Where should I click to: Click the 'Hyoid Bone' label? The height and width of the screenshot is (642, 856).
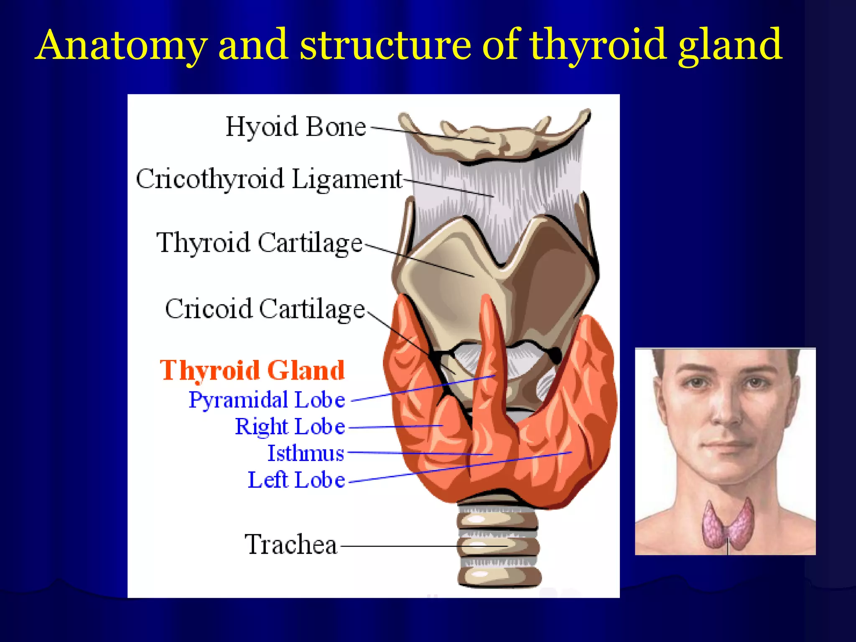(296, 127)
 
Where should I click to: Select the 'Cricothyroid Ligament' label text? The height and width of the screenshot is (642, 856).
(269, 179)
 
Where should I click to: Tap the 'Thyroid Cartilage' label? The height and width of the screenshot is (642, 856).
(259, 243)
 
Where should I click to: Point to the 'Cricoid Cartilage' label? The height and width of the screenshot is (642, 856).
(265, 309)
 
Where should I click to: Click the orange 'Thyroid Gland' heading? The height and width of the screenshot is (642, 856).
(252, 370)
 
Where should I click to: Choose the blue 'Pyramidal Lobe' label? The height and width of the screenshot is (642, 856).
(267, 400)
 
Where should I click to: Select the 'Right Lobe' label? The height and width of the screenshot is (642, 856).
(290, 427)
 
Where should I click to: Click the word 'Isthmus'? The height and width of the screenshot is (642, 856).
(306, 453)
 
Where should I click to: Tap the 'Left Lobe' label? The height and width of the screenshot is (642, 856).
(296, 480)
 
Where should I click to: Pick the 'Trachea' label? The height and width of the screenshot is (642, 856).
(291, 545)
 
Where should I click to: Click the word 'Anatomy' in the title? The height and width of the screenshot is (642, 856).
(121, 45)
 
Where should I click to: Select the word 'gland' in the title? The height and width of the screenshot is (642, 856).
(729, 45)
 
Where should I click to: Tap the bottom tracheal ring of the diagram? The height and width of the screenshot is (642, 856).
(499, 577)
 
